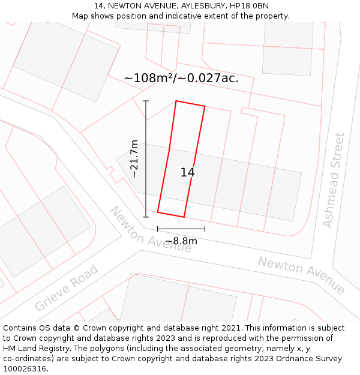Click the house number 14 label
tap(187, 173)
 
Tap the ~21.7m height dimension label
tap(134, 159)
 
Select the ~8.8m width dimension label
tap(181, 241)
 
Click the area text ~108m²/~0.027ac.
tap(181, 78)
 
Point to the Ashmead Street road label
tap(334, 180)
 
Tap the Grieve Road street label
tap(66, 289)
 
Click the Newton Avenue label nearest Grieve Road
tap(150, 230)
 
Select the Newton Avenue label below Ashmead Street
tap(301, 275)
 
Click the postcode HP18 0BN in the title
tap(250, 6)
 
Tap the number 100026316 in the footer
tap(26, 369)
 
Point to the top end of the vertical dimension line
tap(146, 101)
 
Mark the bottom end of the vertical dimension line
tap(146, 217)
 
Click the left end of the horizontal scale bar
tap(158, 229)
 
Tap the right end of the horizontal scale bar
tap(205, 229)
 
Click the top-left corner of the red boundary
tap(176, 101)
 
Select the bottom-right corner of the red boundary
tap(184, 217)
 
